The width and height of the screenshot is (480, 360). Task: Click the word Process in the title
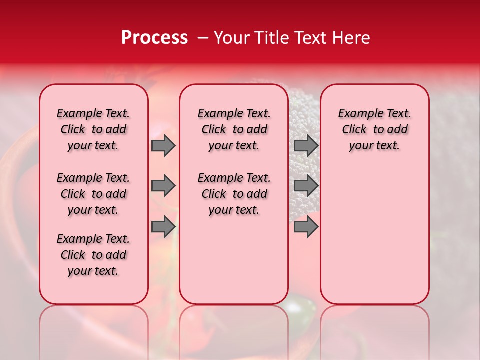pyautogui.click(x=154, y=38)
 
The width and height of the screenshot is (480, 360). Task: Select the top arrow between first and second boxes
pyautogui.click(x=163, y=146)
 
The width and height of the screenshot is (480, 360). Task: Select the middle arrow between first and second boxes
pyautogui.click(x=163, y=186)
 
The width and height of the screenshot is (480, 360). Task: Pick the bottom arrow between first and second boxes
pyautogui.click(x=163, y=227)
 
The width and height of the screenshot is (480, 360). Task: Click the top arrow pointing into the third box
pyautogui.click(x=306, y=146)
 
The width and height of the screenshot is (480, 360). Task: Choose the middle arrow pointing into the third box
pyautogui.click(x=306, y=186)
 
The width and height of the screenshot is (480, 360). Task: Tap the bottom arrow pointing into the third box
pyautogui.click(x=306, y=227)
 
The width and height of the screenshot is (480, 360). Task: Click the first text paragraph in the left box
pyautogui.click(x=93, y=129)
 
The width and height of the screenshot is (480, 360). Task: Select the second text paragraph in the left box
pyautogui.click(x=93, y=194)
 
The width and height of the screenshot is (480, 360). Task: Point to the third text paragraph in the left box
pyautogui.click(x=93, y=255)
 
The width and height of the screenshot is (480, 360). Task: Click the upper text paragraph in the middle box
pyautogui.click(x=234, y=129)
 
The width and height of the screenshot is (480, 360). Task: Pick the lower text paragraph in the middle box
pyautogui.click(x=234, y=194)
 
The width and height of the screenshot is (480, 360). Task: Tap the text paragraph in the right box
pyautogui.click(x=374, y=129)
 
